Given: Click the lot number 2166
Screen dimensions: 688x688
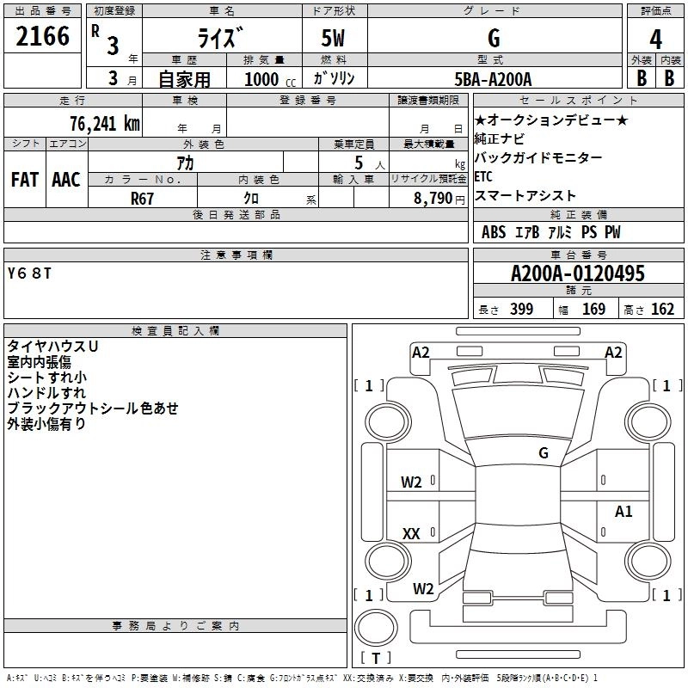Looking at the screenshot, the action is point(42,36).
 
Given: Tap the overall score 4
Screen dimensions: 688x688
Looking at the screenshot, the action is point(655,39).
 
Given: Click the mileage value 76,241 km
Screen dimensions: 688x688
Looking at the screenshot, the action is point(104,123).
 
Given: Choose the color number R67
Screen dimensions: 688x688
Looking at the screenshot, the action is point(143,198).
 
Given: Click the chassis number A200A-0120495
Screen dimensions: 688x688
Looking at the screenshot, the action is point(577,274).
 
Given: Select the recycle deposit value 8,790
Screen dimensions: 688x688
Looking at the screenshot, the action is point(433,198).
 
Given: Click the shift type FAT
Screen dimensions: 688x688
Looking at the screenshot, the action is point(24,180).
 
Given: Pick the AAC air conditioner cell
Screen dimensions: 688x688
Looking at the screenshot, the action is point(65,180).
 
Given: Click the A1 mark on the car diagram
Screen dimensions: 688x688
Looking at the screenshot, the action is point(623,513).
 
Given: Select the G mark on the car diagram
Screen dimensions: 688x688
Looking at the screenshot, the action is point(543,453).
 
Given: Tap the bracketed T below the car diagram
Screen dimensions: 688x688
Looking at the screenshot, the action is point(375,660).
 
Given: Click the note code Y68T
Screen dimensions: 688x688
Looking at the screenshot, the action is point(29,273).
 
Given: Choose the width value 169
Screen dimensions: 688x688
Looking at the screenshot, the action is point(594,310).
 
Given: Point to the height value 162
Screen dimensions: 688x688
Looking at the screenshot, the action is point(662,310).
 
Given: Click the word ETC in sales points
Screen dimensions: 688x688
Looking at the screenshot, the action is point(483,177).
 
